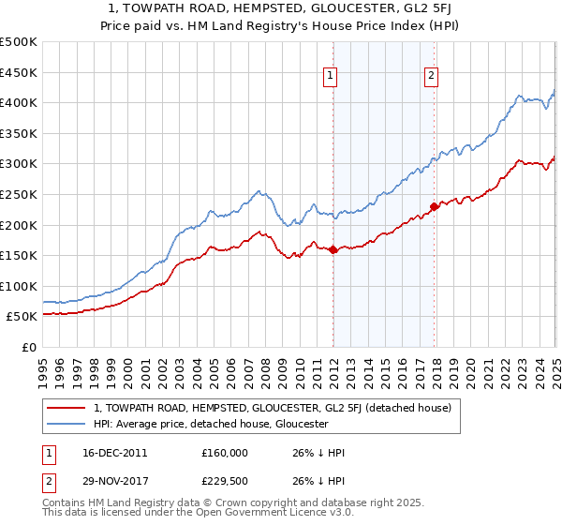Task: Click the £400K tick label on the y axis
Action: (x=19, y=102)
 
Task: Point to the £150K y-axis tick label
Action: (x=19, y=255)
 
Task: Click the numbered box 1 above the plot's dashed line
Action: (x=332, y=78)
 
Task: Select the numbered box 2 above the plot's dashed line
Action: (x=431, y=78)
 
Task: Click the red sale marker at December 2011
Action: (x=333, y=249)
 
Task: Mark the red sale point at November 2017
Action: (x=434, y=206)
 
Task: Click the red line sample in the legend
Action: (x=66, y=408)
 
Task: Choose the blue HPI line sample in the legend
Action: (x=66, y=424)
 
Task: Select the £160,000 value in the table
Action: (x=225, y=453)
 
